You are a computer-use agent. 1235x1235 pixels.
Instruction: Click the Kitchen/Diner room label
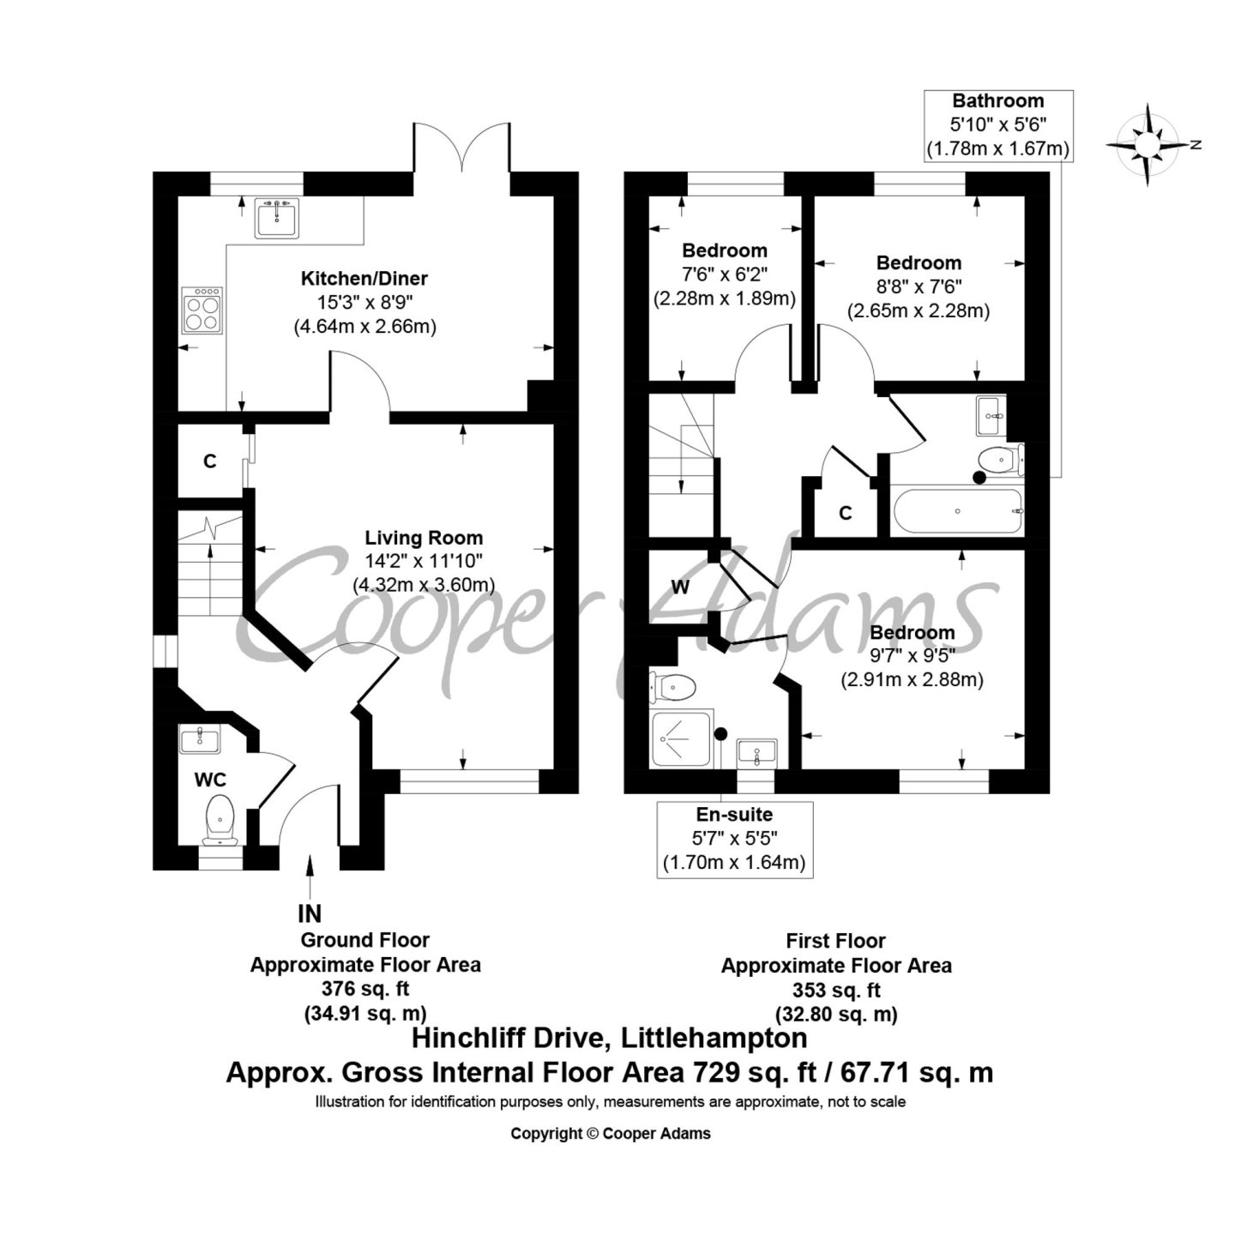click(x=364, y=279)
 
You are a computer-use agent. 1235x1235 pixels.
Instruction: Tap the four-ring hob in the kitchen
click(x=202, y=310)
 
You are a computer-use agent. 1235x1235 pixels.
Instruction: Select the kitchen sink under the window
click(x=277, y=218)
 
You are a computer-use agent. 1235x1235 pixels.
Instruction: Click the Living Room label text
click(x=424, y=538)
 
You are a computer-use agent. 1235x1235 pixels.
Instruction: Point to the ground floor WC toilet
click(x=220, y=820)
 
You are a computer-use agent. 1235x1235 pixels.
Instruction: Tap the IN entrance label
click(x=310, y=913)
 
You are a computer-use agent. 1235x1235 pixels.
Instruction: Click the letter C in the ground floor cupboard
click(x=209, y=461)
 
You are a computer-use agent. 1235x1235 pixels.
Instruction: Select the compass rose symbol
click(x=1149, y=146)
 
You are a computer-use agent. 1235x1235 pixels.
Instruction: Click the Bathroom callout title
click(x=998, y=101)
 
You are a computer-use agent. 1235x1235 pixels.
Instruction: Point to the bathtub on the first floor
click(x=958, y=511)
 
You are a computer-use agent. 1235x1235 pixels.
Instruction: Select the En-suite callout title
click(x=734, y=815)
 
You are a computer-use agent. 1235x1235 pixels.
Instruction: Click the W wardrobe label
click(x=680, y=587)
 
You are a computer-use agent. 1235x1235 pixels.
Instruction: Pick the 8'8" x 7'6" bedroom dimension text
click(x=919, y=286)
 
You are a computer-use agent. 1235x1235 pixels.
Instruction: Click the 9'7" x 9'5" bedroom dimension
click(x=912, y=655)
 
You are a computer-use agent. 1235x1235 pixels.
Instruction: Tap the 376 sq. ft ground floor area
click(x=364, y=989)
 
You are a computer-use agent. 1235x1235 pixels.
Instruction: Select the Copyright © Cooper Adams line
click(x=611, y=1134)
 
